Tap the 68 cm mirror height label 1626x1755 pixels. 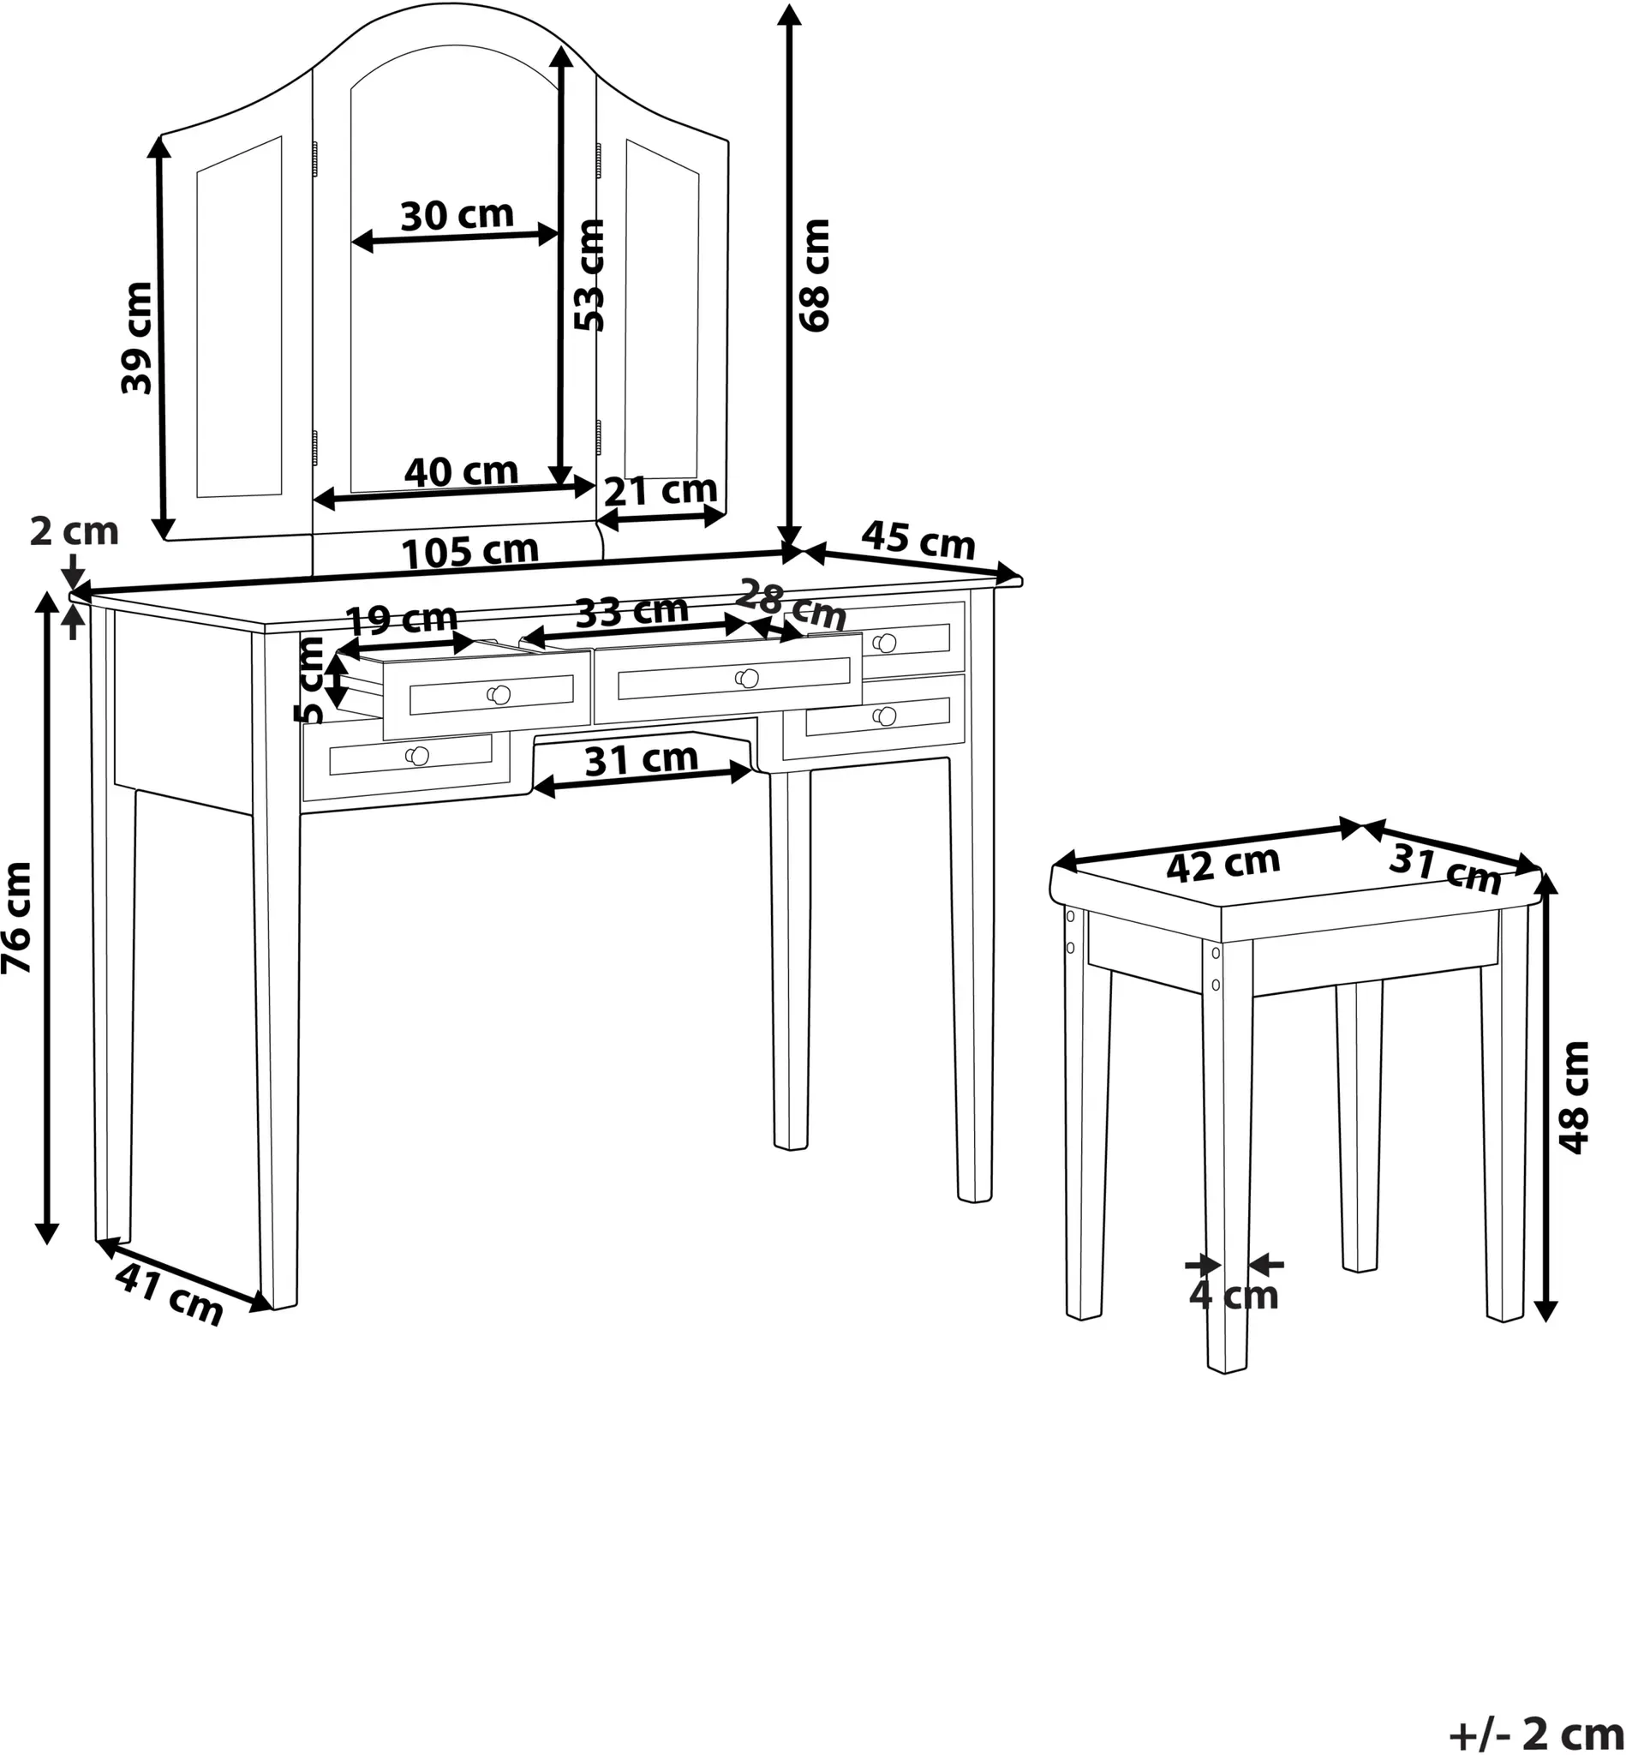815,274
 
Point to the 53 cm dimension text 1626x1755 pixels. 589,274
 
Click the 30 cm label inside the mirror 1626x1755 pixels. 457,216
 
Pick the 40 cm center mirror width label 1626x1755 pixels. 461,473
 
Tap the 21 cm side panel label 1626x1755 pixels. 660,490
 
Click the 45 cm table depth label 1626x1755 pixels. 918,541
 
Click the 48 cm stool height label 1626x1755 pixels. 1574,1097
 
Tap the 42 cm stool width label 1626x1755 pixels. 1223,865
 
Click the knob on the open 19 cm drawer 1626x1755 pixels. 499,694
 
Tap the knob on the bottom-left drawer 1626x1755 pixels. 417,755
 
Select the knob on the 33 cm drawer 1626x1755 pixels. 748,678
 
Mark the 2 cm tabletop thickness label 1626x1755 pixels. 74,531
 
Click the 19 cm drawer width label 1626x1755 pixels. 401,620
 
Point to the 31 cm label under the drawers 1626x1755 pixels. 642,759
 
